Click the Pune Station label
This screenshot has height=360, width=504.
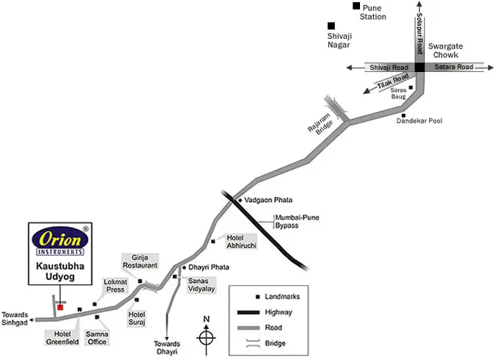[x=373, y=12]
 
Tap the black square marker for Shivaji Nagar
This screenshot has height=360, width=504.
[x=331, y=26]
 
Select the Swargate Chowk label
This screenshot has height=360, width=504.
[x=445, y=51]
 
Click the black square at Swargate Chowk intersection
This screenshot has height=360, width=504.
[x=420, y=67]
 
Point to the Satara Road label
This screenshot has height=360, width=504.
[x=454, y=67]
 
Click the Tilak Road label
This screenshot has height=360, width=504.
[x=393, y=81]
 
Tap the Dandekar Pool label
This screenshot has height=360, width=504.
[x=419, y=120]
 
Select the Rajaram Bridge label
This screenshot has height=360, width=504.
[x=320, y=124]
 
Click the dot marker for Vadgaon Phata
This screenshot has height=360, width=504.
[x=240, y=201]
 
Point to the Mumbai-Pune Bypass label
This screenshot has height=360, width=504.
[x=297, y=221]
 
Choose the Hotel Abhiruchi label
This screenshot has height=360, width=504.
[x=242, y=242]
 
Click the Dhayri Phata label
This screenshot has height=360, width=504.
[x=209, y=267]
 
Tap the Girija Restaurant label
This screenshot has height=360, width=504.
[x=140, y=262]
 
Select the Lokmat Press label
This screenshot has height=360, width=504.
[x=115, y=286]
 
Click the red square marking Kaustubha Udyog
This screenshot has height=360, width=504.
[x=60, y=308]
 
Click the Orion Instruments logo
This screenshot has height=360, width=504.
[x=60, y=241]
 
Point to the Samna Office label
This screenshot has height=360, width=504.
[x=97, y=338]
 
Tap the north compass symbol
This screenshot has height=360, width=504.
[x=206, y=336]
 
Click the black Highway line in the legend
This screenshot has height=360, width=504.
[x=248, y=312]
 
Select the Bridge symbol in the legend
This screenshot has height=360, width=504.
[x=253, y=343]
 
